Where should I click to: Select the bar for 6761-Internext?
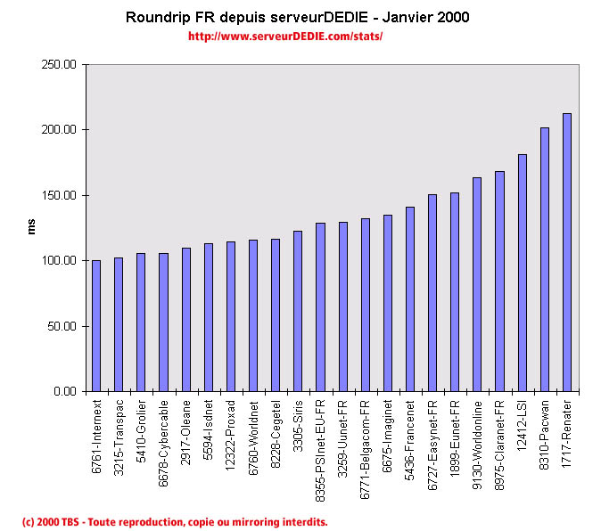(x=96, y=325)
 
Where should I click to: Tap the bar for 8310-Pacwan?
(x=545, y=259)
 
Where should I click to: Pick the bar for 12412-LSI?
(x=523, y=273)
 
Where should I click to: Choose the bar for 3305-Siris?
(x=298, y=311)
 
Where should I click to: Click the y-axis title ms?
(x=31, y=228)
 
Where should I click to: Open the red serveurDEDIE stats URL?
(x=285, y=37)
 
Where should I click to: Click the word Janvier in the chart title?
(x=409, y=17)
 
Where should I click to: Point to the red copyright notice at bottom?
(x=175, y=521)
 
